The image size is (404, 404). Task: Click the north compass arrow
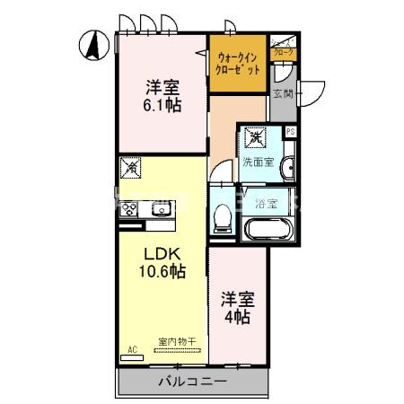(93, 44)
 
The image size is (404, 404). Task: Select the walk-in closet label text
(239, 64)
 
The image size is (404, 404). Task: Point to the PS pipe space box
(290, 131)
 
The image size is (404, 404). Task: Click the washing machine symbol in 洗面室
(257, 137)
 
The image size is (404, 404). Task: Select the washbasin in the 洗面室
(286, 169)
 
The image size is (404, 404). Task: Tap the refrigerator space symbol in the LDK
(132, 167)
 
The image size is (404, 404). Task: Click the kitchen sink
(160, 211)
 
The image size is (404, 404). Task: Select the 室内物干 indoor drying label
(177, 341)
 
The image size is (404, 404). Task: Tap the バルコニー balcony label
(192, 381)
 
